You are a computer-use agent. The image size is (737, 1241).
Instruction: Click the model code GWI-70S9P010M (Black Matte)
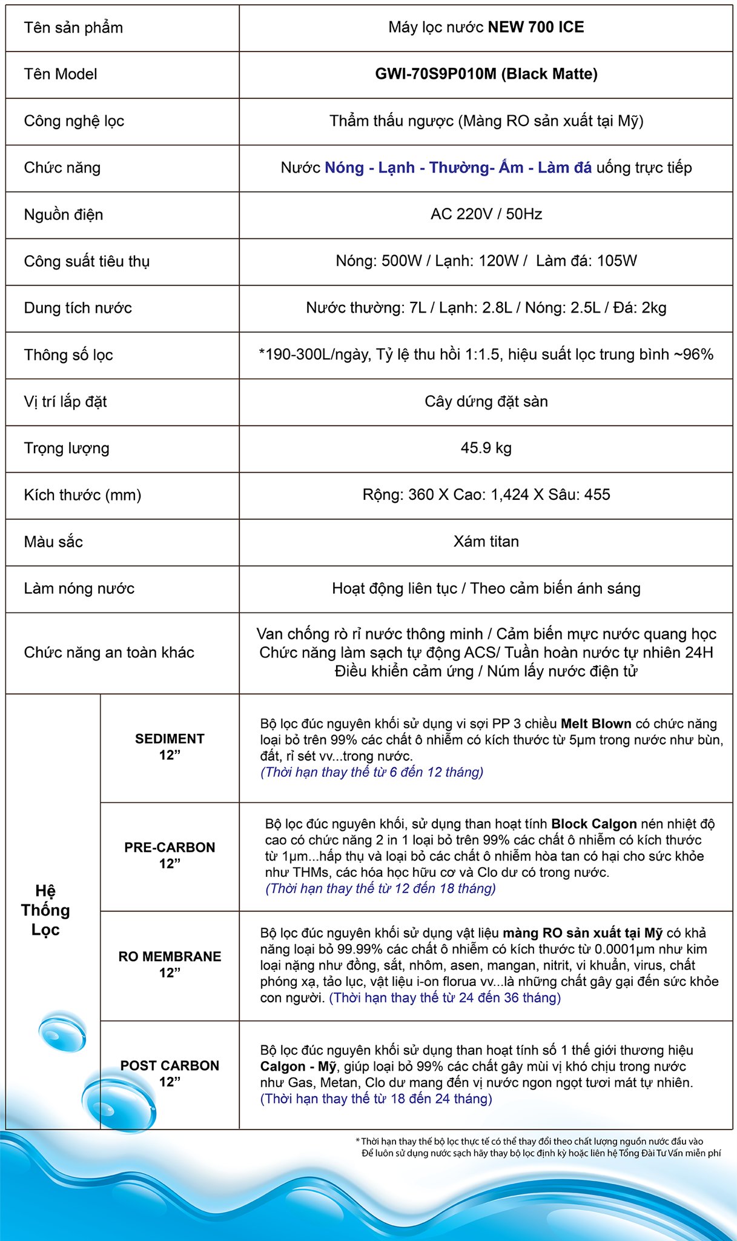click(486, 74)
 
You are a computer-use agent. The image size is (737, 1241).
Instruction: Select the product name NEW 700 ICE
click(536, 27)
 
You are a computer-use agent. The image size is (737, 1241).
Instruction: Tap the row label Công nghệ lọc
click(74, 121)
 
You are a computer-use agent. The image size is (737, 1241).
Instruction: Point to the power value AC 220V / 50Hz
click(486, 215)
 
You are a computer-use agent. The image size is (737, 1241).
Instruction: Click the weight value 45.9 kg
click(486, 448)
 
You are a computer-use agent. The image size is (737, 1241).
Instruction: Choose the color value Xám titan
click(486, 542)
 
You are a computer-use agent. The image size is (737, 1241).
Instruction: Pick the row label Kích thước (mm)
click(82, 495)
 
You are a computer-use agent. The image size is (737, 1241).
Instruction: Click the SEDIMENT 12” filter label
click(170, 747)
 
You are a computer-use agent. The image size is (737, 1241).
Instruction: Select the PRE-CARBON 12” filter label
click(170, 855)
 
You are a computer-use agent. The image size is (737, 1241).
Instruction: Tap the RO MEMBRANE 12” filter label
click(170, 964)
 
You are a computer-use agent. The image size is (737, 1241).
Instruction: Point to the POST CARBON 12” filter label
click(170, 1073)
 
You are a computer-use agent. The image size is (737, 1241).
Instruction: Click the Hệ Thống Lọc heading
click(45, 910)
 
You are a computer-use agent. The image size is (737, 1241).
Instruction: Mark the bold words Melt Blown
click(596, 724)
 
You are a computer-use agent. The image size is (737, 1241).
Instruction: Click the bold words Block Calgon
click(593, 824)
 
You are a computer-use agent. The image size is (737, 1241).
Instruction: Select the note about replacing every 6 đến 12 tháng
click(372, 772)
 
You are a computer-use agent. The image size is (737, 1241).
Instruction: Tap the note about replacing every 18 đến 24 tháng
click(376, 1099)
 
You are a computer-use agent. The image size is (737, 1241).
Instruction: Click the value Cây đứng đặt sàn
click(486, 402)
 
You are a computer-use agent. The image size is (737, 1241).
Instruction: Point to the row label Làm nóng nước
click(79, 588)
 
